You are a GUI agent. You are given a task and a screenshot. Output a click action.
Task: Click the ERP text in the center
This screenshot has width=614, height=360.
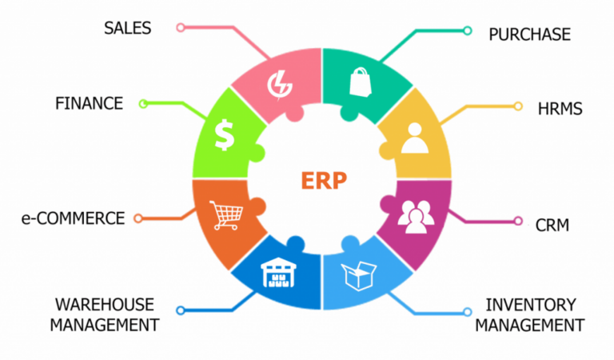click(324, 181)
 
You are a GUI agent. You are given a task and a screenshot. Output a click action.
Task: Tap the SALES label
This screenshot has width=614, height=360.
click(128, 28)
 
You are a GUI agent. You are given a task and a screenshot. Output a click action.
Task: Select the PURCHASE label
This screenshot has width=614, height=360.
click(529, 34)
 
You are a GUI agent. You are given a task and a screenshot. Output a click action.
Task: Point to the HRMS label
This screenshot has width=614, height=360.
click(560, 109)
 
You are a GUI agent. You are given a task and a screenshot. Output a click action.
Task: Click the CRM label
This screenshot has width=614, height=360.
click(552, 226)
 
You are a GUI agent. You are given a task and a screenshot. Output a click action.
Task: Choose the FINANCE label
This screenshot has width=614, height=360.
click(89, 103)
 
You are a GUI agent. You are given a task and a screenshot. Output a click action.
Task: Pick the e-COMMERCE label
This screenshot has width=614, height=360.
click(74, 218)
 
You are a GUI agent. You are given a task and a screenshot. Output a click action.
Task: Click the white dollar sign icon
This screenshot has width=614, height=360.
click(225, 135)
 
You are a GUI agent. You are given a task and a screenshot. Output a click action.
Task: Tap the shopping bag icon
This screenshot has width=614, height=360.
click(361, 82)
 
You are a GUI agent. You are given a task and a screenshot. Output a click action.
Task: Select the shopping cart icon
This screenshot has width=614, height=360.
click(226, 215)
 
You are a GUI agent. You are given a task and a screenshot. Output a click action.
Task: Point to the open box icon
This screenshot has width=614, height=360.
click(359, 276)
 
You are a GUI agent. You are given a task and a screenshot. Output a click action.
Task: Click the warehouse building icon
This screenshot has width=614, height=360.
click(278, 272)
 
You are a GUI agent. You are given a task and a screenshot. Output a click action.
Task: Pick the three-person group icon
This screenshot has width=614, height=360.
click(416, 217)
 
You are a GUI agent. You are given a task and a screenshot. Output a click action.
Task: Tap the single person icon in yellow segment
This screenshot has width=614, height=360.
click(415, 138)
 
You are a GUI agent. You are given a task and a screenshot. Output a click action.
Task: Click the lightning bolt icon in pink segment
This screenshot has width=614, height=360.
click(280, 86)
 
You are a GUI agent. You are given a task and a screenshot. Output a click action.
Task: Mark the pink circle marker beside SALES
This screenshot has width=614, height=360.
click(181, 27)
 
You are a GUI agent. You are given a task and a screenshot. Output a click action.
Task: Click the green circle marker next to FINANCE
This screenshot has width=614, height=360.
click(143, 104)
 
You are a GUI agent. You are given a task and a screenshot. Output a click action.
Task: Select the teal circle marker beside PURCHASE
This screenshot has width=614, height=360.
click(467, 30)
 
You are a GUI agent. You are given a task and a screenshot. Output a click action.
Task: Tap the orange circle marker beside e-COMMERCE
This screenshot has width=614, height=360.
click(138, 218)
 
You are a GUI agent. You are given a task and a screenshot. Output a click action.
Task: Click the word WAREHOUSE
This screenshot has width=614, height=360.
click(105, 305)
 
